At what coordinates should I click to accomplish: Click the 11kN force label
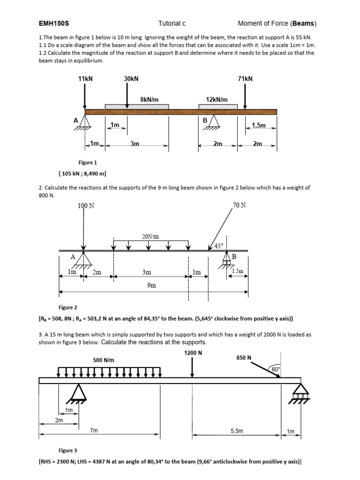tap(85, 79)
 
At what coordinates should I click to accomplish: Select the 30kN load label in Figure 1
tap(131, 79)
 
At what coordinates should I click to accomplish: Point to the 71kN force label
tap(245, 79)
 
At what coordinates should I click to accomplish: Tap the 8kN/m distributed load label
tap(150, 99)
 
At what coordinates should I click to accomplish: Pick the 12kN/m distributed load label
tap(217, 99)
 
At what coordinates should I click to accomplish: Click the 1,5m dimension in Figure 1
tap(259, 125)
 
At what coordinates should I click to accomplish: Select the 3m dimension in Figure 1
tap(135, 144)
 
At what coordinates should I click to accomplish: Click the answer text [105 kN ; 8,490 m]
tap(82, 173)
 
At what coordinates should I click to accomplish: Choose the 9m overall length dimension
tap(151, 285)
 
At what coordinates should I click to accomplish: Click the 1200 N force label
tap(193, 352)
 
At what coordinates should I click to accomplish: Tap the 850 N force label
tap(243, 358)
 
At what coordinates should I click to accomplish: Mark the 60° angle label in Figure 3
tap(276, 369)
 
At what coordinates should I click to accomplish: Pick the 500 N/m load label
tap(104, 360)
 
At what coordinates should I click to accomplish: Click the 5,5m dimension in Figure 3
tap(237, 430)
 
